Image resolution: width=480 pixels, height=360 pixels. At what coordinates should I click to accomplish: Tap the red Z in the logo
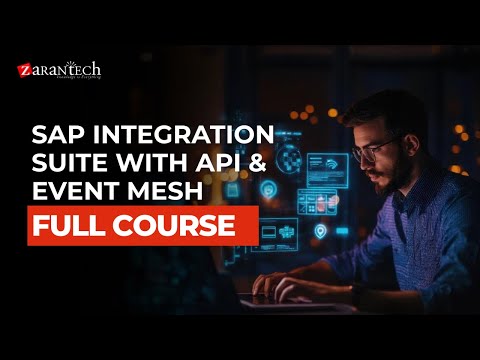click(x=24, y=71)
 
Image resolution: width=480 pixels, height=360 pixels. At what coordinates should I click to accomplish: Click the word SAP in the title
click(x=58, y=135)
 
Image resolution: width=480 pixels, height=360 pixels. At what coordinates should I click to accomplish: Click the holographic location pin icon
click(x=320, y=232)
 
